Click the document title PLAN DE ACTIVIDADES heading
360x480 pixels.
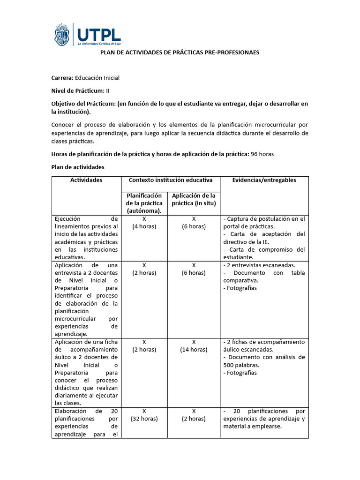(x=180, y=52)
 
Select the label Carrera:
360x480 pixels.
(x=62, y=78)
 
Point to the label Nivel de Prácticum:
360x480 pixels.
(x=78, y=91)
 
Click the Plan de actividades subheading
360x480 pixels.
(x=77, y=167)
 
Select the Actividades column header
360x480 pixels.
(x=86, y=180)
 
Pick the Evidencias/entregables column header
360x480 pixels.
(x=264, y=180)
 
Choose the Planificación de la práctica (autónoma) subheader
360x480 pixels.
(x=144, y=203)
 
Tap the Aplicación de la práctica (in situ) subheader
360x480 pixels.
(x=194, y=199)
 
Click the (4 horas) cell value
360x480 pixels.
(x=144, y=226)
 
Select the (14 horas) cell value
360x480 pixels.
(x=194, y=350)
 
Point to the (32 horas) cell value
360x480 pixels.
(x=144, y=419)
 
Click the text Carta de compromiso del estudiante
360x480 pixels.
(x=264, y=253)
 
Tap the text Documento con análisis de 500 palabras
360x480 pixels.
(x=264, y=361)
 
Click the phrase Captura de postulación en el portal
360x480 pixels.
(x=264, y=223)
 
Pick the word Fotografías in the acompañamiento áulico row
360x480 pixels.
(x=242, y=373)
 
